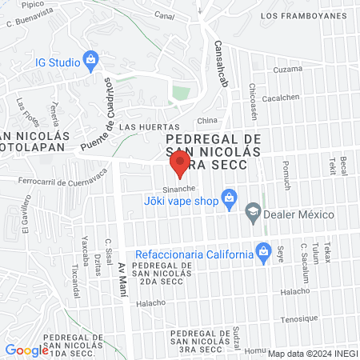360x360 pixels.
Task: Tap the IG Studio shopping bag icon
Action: coord(91,60)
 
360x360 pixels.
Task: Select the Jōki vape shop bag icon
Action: coord(229,197)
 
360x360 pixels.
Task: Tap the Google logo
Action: coord(26,350)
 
